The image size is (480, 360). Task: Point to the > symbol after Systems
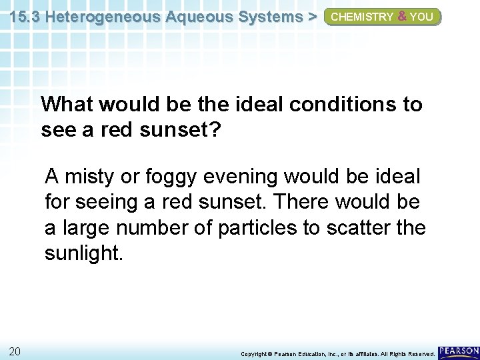point(311,17)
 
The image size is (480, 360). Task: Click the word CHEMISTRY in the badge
point(361,17)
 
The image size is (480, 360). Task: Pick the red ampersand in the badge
point(401,17)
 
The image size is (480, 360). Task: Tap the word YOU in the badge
point(421,17)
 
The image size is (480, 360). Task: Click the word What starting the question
point(65,105)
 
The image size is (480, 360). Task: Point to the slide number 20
point(15,351)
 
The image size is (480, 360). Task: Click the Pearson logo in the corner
point(459,351)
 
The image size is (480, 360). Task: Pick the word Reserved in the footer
point(419,353)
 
